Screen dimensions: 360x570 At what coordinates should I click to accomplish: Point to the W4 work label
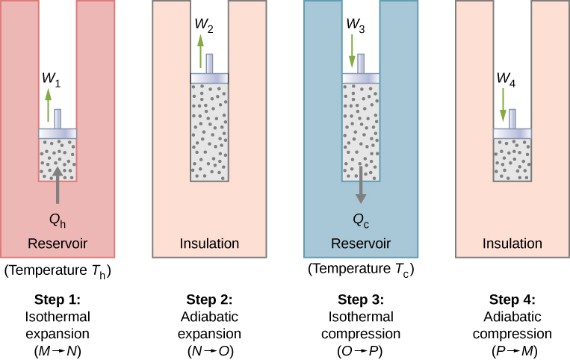[508, 80]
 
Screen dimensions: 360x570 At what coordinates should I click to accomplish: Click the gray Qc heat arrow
[361, 184]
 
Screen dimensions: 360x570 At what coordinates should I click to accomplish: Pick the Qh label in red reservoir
[58, 221]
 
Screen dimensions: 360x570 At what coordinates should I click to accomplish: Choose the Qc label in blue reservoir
[361, 221]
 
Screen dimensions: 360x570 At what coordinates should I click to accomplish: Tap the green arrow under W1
[49, 105]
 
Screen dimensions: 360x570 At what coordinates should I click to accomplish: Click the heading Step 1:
[58, 300]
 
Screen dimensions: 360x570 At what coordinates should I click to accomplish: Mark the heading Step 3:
[361, 300]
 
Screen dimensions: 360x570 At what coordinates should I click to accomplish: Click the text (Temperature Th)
[58, 269]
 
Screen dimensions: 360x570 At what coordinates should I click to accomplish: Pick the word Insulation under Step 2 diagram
[209, 243]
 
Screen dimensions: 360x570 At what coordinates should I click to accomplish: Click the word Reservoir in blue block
[361, 243]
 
